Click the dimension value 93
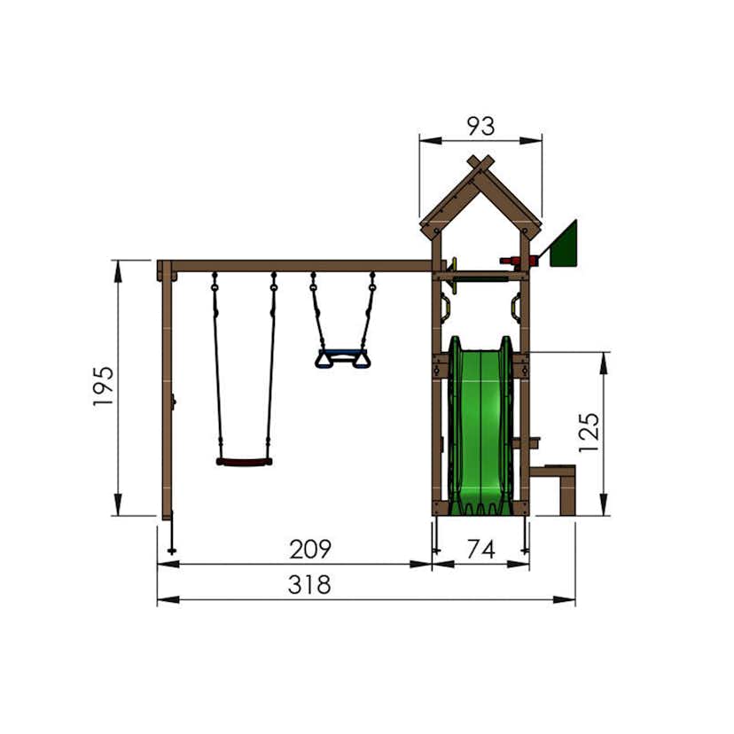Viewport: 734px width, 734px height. coord(480,127)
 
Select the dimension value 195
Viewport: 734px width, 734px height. coord(104,387)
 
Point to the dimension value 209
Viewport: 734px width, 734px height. coord(310,550)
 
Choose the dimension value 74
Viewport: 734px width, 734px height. coord(480,550)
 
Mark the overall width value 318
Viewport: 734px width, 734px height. coord(310,585)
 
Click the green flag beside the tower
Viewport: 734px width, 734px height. coord(565,246)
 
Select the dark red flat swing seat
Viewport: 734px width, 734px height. coord(244,462)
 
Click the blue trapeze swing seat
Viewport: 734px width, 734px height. coord(342,358)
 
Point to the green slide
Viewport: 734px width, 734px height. coord(480,426)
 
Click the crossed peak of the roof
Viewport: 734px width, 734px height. coord(480,165)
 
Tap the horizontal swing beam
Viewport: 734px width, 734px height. coord(301,266)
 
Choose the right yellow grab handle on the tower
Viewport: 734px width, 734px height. coord(514,308)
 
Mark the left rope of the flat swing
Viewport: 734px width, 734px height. coord(216,372)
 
